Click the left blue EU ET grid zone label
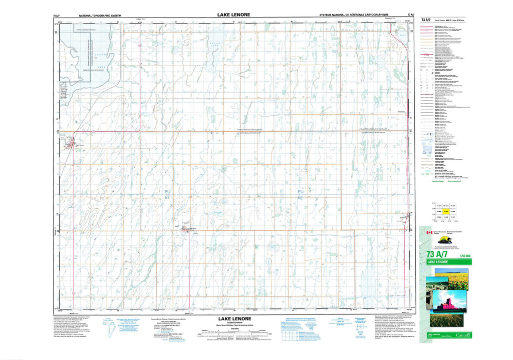(x=160, y=194)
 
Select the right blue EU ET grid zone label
(x=301, y=194)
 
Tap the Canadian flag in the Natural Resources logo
(x=428, y=233)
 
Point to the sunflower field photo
(x=451, y=278)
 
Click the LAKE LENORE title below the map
(x=233, y=318)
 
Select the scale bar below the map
(x=235, y=331)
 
